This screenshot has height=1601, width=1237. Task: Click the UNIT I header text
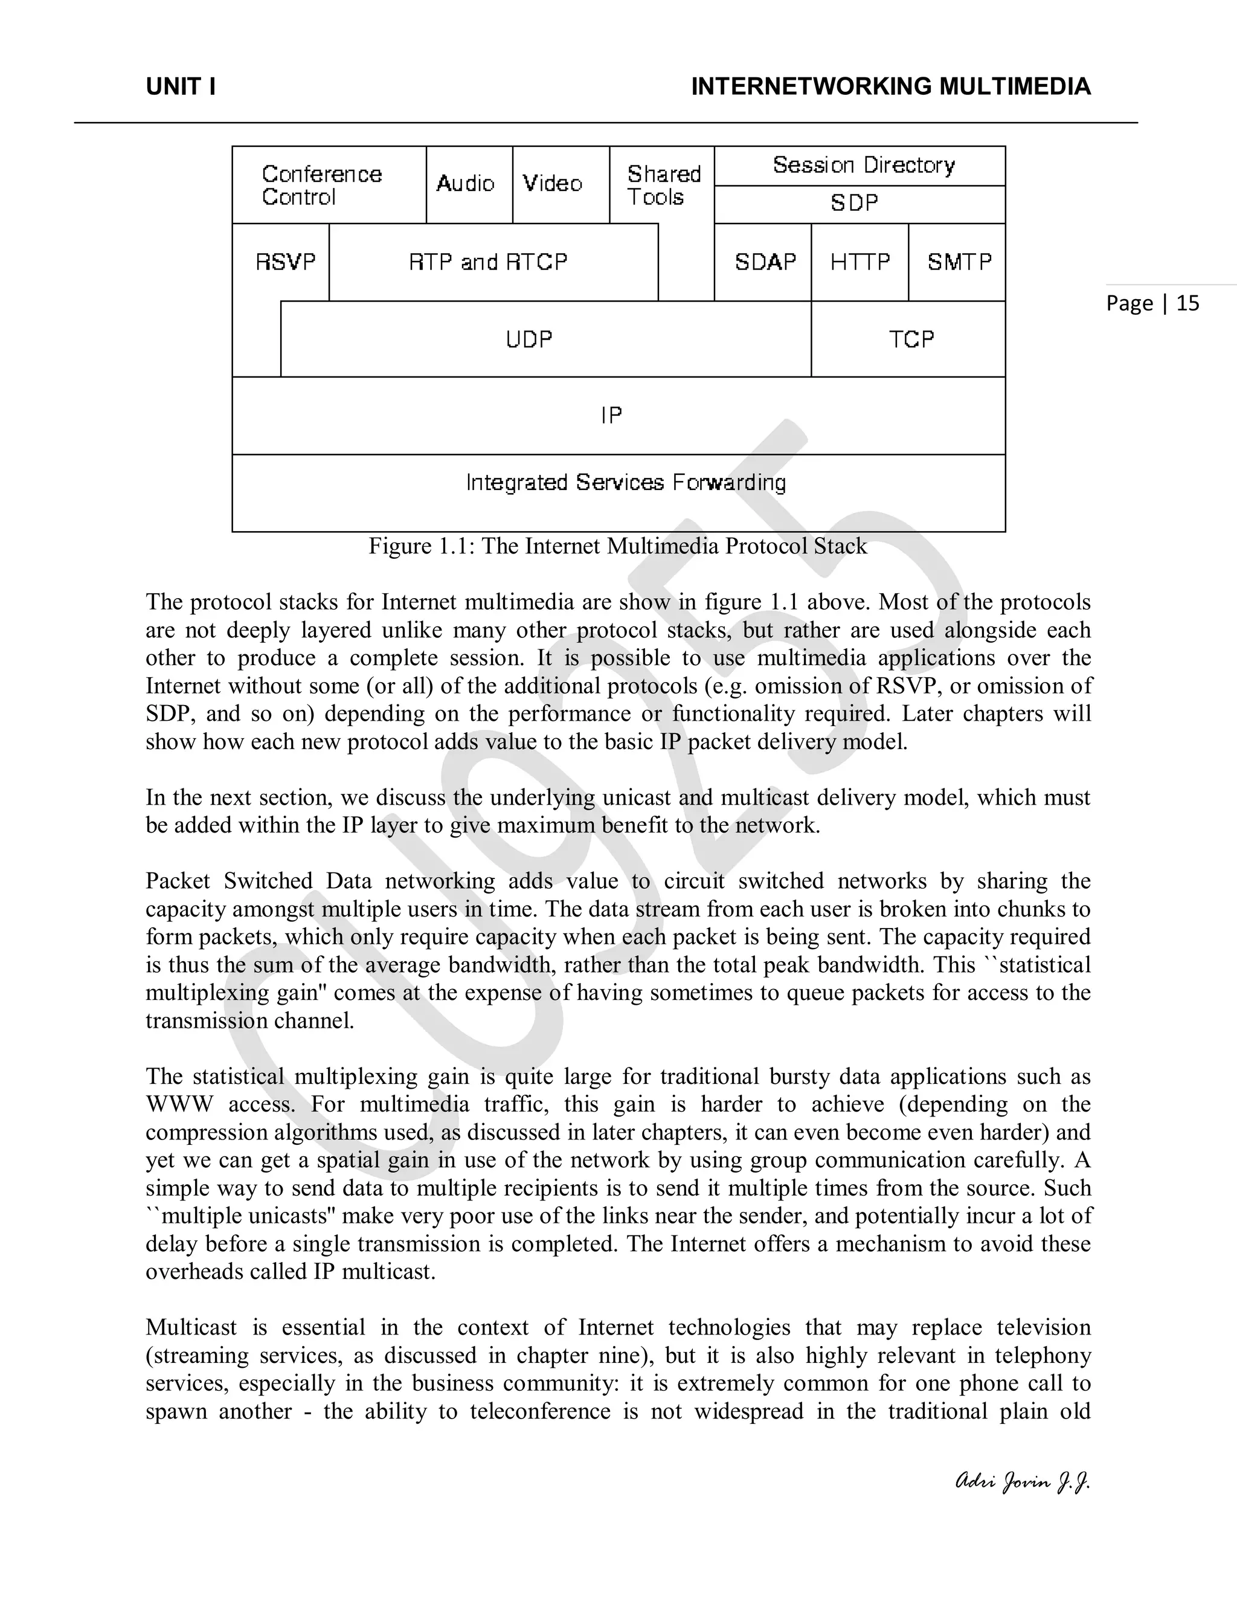point(180,87)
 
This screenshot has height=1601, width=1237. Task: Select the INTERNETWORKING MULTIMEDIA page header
point(890,87)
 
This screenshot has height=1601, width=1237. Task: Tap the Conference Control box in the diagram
point(322,185)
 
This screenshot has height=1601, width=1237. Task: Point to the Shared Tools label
point(663,185)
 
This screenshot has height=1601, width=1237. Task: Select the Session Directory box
point(863,166)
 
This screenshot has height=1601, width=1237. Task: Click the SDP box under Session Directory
point(855,203)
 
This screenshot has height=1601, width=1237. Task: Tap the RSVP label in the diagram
point(285,262)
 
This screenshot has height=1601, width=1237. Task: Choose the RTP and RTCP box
point(488,262)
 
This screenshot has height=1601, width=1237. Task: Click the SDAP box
point(765,262)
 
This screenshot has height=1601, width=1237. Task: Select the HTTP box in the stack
point(860,262)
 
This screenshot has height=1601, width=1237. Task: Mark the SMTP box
point(959,262)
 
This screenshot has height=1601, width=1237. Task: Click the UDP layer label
point(529,340)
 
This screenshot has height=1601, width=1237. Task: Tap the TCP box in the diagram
point(911,340)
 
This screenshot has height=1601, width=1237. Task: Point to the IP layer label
point(611,416)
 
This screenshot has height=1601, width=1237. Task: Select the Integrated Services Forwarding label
point(626,482)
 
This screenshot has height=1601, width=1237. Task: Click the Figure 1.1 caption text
point(618,547)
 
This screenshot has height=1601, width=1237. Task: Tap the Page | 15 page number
point(1152,303)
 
